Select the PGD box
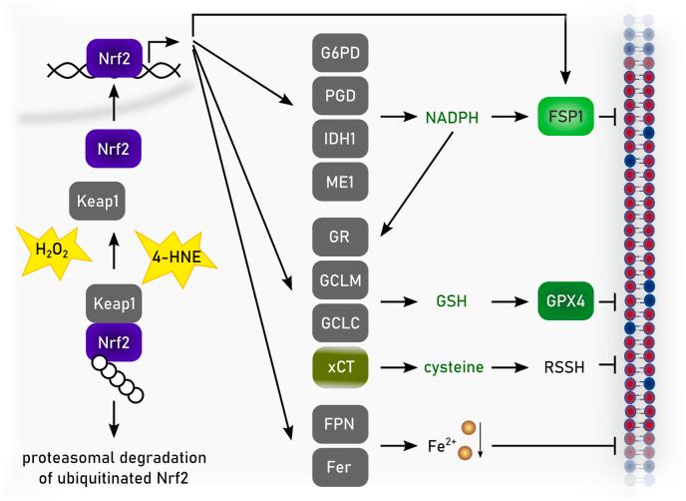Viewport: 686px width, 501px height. pos(339,96)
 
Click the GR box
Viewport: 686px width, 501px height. pos(339,239)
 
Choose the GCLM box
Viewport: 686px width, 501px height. pos(339,282)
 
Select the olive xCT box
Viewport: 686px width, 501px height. pos(339,368)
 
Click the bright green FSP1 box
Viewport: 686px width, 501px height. pos(565,118)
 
